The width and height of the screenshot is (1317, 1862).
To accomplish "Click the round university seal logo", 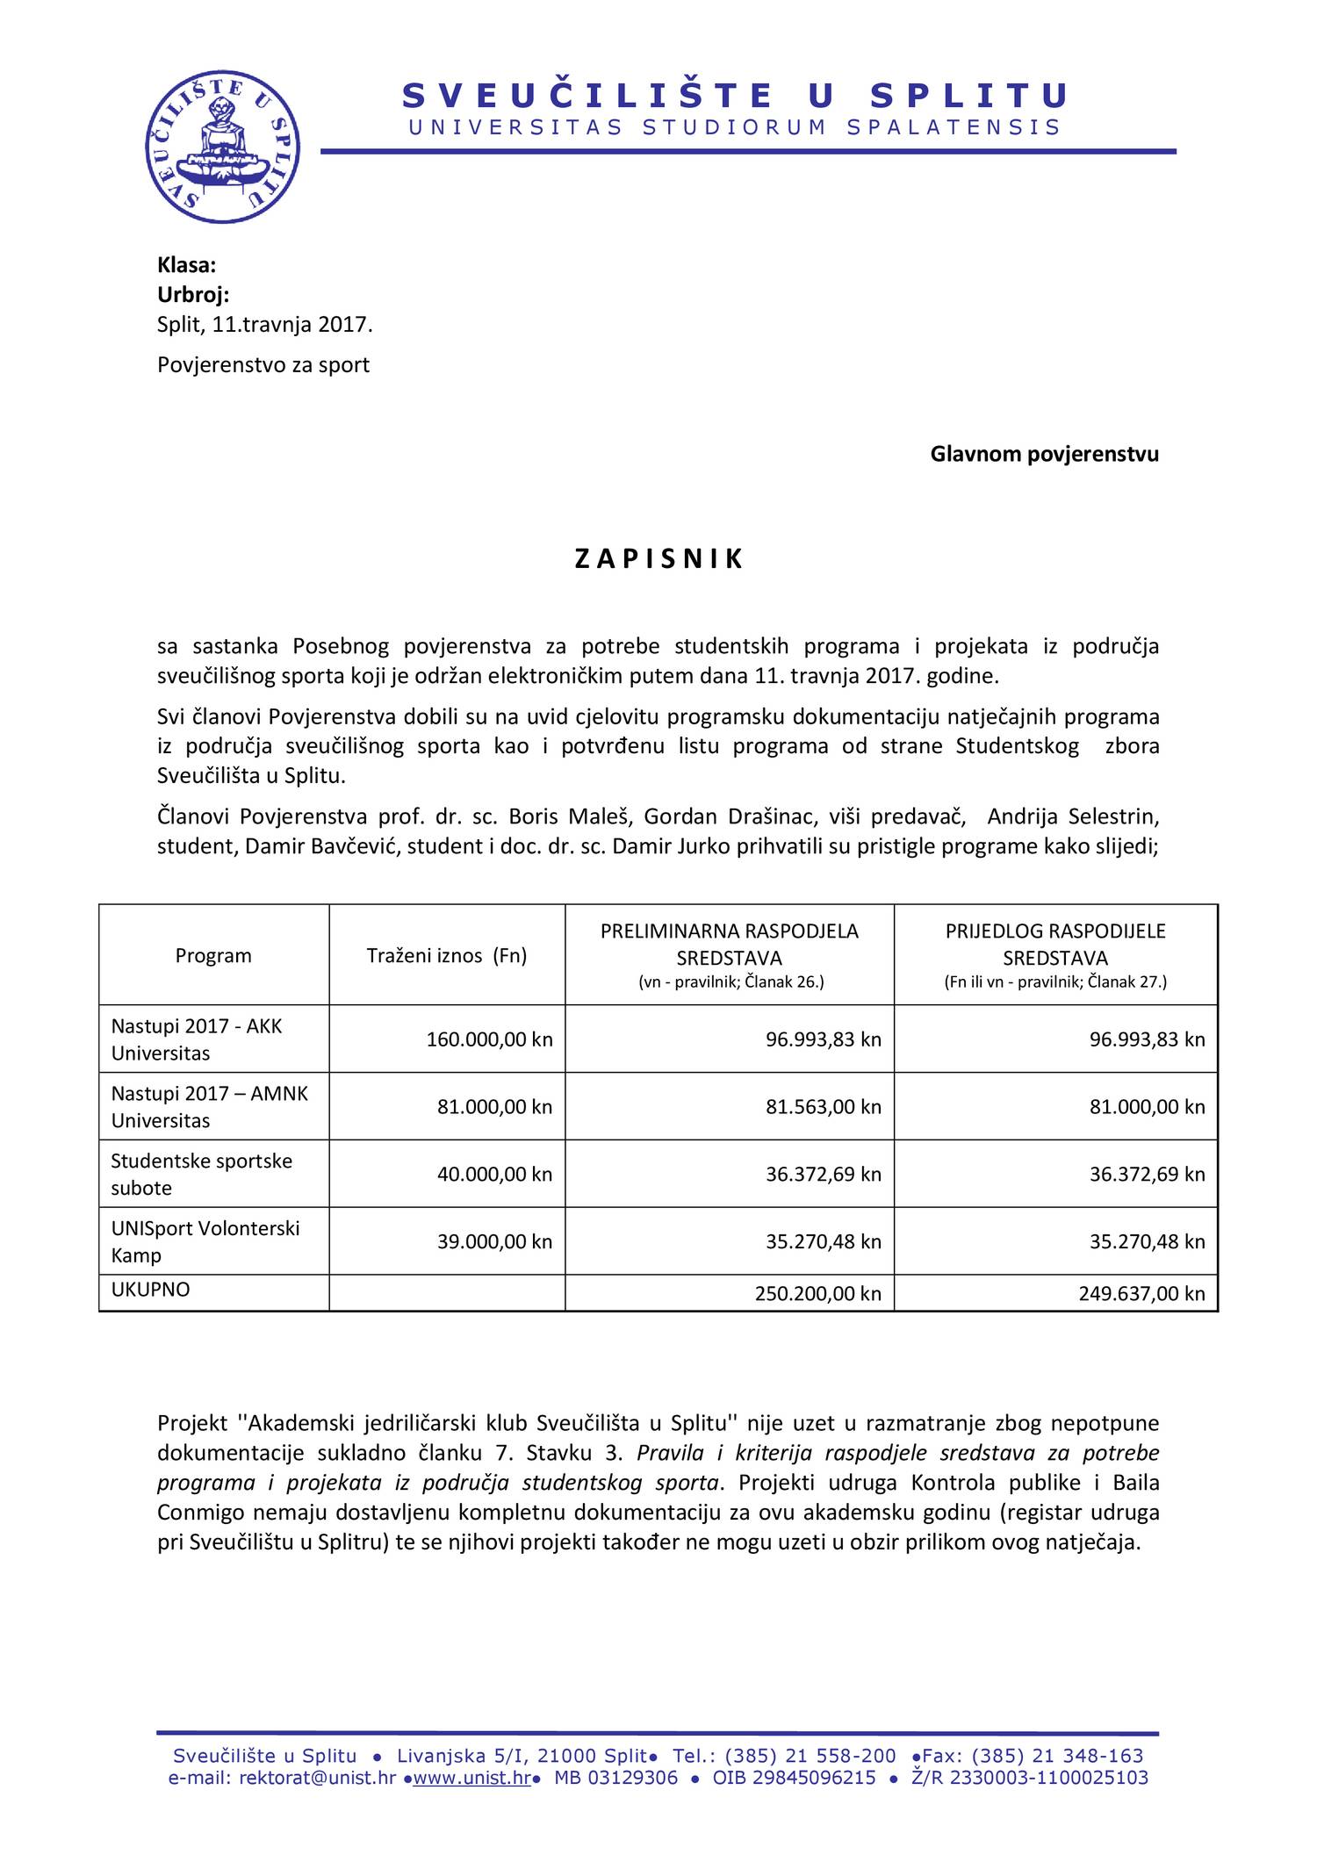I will (x=223, y=147).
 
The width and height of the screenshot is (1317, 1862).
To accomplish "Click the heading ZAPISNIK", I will (x=658, y=559).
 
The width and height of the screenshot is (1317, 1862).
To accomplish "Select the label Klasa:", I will (x=186, y=265).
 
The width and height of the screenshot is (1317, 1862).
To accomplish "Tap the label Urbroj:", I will (x=193, y=295).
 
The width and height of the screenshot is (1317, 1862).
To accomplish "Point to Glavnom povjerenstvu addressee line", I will (x=1044, y=454).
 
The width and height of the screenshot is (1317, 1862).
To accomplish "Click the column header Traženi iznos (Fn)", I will (x=446, y=955).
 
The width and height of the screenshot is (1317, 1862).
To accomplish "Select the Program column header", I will (x=213, y=955).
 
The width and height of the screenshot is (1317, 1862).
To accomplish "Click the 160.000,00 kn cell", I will (x=489, y=1039).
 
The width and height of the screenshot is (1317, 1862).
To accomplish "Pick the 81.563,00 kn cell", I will (x=823, y=1107).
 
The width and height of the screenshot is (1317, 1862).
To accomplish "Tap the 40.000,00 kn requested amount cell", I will (x=494, y=1175).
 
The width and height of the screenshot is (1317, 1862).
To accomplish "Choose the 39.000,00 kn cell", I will (x=494, y=1241).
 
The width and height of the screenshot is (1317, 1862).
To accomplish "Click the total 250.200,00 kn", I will (x=817, y=1293).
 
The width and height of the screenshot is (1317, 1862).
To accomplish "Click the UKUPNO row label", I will (x=150, y=1290).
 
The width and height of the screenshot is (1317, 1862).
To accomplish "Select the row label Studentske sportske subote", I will (x=201, y=1174).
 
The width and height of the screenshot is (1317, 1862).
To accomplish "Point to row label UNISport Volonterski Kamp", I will (x=205, y=1241).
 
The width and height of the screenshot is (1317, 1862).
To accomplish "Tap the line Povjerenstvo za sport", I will (x=263, y=365).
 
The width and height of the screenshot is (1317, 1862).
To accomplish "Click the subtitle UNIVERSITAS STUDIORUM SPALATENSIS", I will (x=735, y=128).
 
